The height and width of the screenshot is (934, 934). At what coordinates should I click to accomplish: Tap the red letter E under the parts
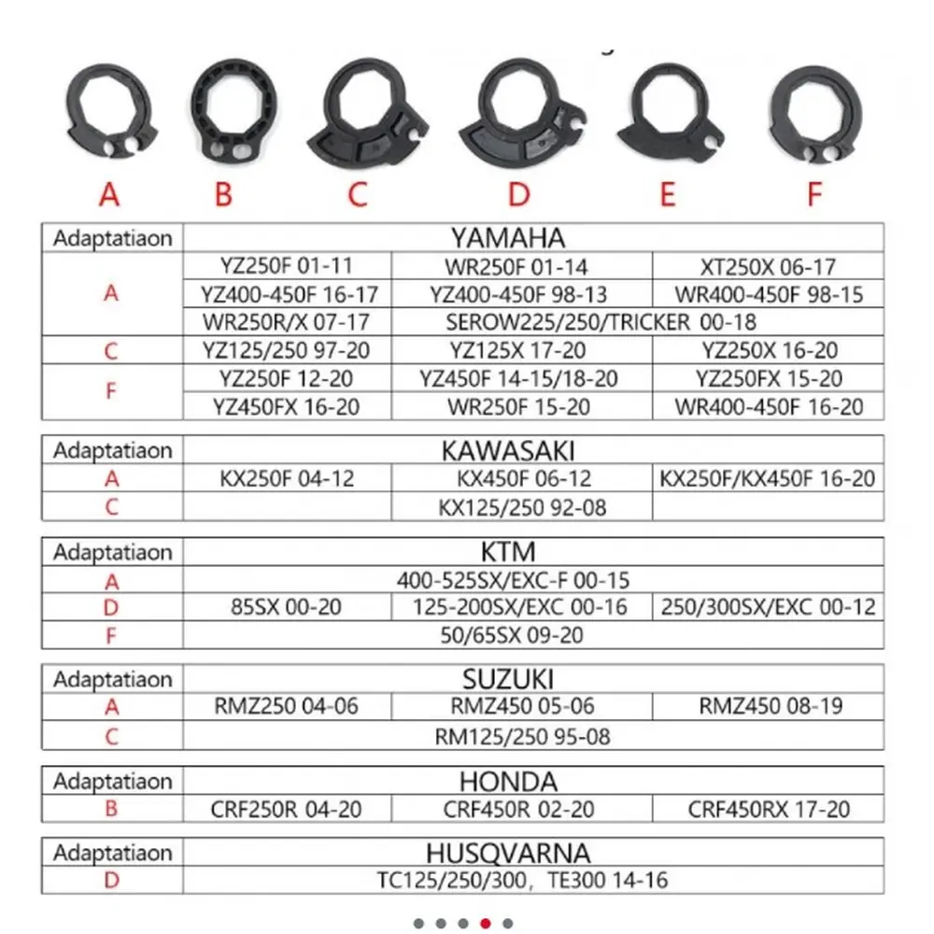[x=667, y=194]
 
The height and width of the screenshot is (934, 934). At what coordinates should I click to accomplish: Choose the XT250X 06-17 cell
[x=769, y=266]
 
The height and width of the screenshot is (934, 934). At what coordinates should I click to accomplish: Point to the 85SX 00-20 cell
[x=286, y=607]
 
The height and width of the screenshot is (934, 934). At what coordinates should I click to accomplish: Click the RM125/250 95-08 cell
[x=522, y=736]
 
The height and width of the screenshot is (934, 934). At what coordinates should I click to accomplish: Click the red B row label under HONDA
[x=111, y=809]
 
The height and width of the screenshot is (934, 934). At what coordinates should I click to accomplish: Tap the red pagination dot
[x=486, y=924]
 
